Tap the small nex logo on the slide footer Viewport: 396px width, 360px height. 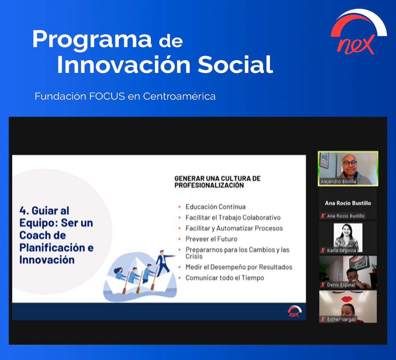pyautogui.click(x=295, y=311)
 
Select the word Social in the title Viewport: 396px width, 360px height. pyautogui.click(x=235, y=64)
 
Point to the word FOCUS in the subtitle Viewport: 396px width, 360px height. pyautogui.click(x=107, y=96)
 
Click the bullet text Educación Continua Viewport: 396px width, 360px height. pyautogui.click(x=215, y=207)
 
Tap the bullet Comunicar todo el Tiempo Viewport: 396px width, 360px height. pyautogui.click(x=225, y=278)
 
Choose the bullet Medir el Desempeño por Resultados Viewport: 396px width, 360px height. pyautogui.click(x=239, y=267)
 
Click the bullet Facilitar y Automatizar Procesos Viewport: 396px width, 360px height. pyautogui.click(x=234, y=228)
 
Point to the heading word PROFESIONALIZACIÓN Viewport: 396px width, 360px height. pyautogui.click(x=209, y=185)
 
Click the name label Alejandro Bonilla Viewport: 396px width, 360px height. pyautogui.click(x=338, y=181)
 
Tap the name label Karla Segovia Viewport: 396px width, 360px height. pyautogui.click(x=341, y=250)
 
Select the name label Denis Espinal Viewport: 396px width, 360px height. pyautogui.click(x=341, y=285)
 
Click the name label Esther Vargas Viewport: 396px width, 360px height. pyautogui.click(x=342, y=319)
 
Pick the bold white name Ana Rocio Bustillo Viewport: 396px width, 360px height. pyautogui.click(x=348, y=203)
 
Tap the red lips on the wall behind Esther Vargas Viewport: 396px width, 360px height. pyautogui.click(x=347, y=299)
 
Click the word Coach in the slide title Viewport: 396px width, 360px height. pyautogui.click(x=43, y=235)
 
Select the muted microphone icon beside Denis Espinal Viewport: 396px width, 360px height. pyautogui.click(x=323, y=285)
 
